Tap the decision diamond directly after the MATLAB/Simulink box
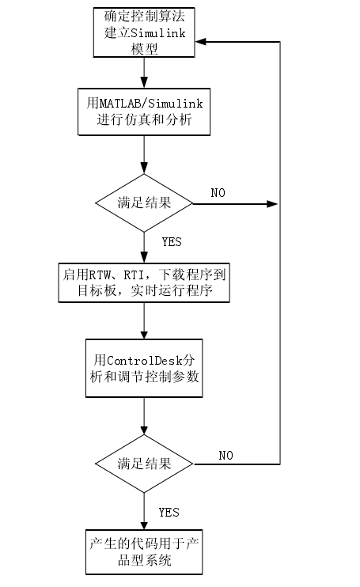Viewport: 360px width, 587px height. [143, 203]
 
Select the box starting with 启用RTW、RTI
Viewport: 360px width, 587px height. [143, 282]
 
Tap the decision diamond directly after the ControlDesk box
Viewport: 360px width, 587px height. [143, 464]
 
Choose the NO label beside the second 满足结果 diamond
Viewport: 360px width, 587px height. [225, 455]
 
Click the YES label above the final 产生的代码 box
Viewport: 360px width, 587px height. [169, 513]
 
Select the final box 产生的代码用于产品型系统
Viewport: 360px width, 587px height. [143, 551]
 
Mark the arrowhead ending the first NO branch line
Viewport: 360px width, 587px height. [273, 203]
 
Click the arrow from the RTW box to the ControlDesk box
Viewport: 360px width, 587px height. [143, 320]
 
